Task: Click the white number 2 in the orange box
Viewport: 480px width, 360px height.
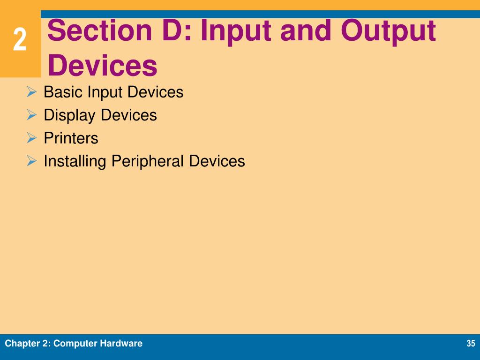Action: tap(20, 40)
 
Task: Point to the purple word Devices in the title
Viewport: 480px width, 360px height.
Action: tap(102, 65)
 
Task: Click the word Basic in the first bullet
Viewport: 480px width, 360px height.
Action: tap(63, 92)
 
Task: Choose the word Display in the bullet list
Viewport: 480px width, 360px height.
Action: tap(70, 115)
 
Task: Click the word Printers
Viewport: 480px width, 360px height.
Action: tap(71, 138)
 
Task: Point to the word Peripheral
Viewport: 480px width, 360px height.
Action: tap(148, 161)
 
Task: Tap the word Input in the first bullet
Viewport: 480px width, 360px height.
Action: tap(105, 92)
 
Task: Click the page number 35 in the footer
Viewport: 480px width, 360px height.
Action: tap(471, 344)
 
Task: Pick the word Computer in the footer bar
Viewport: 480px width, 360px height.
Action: tap(74, 344)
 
